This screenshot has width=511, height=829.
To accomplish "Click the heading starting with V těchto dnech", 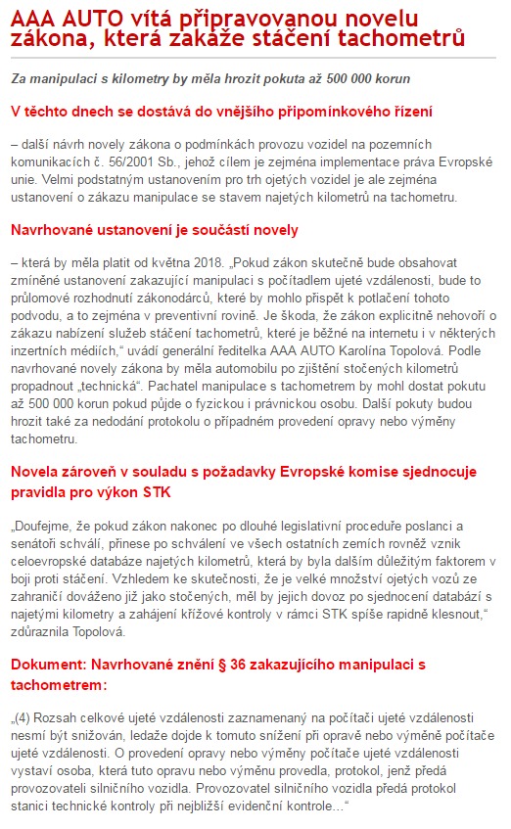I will (221, 112).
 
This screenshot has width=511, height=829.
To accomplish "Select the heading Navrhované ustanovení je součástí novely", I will (155, 230).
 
